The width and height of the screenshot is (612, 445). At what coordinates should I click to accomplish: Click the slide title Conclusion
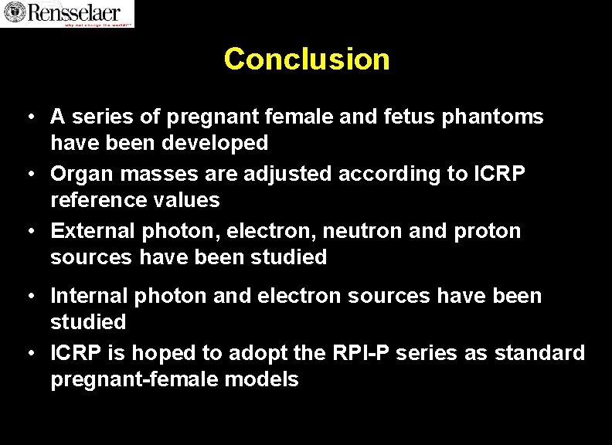pos(307,59)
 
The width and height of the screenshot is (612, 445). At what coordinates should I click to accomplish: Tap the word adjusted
pos(288,174)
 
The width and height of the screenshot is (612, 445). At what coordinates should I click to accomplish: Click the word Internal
pos(89,296)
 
